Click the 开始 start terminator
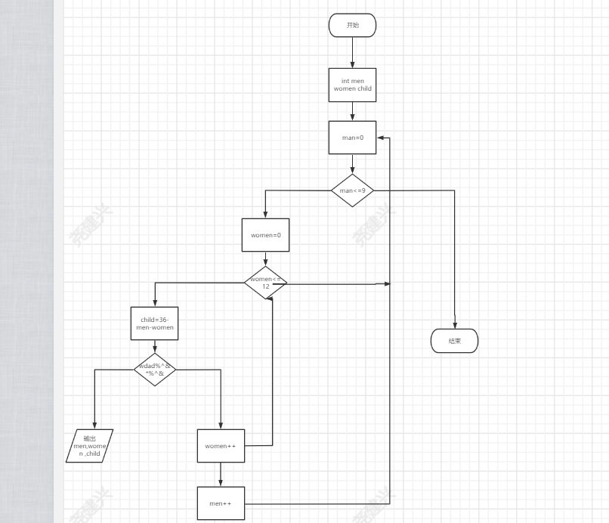tap(352, 25)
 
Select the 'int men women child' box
tap(352, 84)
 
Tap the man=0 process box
tap(352, 138)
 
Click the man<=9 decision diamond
tap(352, 190)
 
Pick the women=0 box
tap(265, 235)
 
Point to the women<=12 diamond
tap(265, 283)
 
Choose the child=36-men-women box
tap(154, 323)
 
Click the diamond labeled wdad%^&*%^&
tap(155, 370)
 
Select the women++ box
tap(221, 446)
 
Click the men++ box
tap(221, 503)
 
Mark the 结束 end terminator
tap(454, 341)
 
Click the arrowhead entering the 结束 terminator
tap(455, 325)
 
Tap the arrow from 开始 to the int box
tap(352, 52)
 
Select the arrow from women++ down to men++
tap(221, 475)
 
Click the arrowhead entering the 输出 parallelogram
tap(94, 426)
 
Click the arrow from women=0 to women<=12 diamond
tap(265, 258)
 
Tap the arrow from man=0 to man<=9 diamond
tap(352, 164)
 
